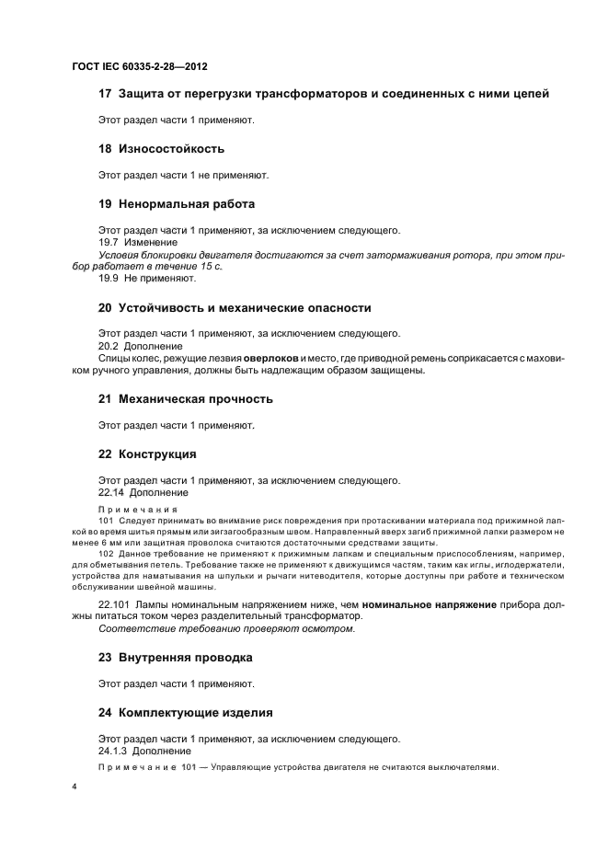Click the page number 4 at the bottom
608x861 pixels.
click(75, 787)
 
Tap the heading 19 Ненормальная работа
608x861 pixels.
click(177, 203)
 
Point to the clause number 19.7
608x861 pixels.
click(109, 242)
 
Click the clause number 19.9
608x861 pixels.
click(109, 278)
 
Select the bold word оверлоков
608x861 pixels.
click(273, 358)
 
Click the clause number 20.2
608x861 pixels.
click(109, 346)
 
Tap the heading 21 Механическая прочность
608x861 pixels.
click(186, 399)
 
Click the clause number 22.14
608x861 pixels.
click(112, 492)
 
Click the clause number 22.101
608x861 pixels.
click(115, 604)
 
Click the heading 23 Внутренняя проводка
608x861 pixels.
click(175, 658)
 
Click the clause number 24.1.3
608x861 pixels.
click(113, 751)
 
